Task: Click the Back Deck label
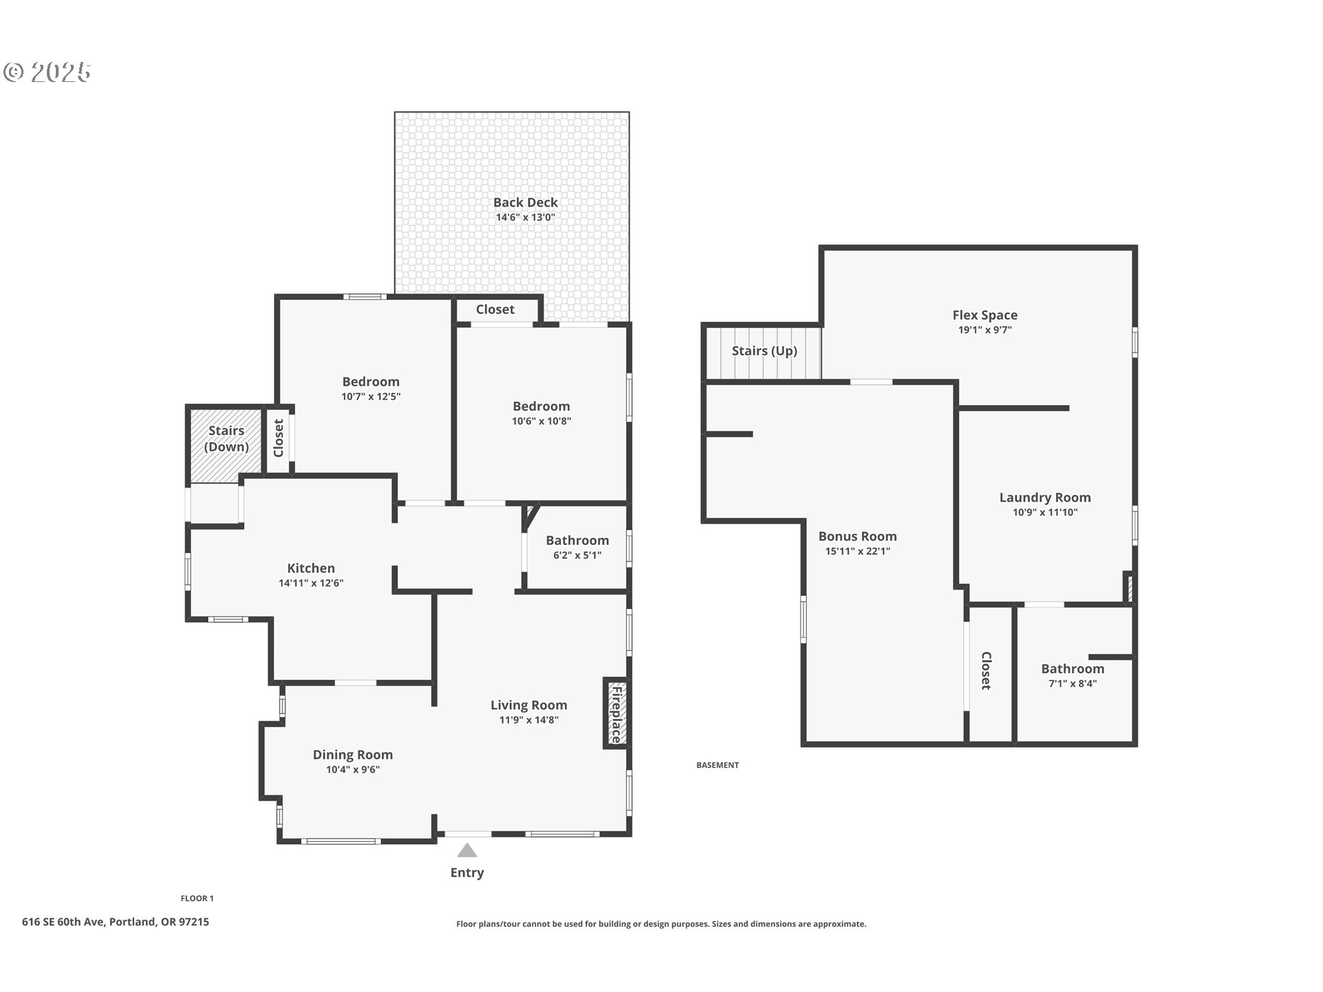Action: pos(525,203)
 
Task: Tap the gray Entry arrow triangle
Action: pos(467,850)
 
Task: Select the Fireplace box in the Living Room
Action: pos(616,714)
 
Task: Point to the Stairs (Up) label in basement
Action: pos(764,351)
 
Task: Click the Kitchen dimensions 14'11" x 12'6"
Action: pos(311,583)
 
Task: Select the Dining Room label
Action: pos(353,754)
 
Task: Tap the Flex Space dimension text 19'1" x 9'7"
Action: pos(985,330)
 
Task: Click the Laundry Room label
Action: pos(1045,497)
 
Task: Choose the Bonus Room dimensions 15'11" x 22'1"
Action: pos(857,551)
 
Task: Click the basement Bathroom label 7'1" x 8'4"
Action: pos(1072,669)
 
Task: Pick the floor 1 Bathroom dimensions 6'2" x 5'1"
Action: pos(577,555)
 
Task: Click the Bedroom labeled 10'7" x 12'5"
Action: pos(371,382)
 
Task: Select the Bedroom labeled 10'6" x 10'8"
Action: pos(541,406)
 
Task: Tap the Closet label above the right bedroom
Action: pos(495,309)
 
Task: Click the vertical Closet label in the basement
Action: pos(985,670)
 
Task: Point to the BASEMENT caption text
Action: pos(717,765)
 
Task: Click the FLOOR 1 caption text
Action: pos(197,898)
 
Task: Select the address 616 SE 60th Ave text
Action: pos(115,922)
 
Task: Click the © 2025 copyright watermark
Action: pos(47,72)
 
